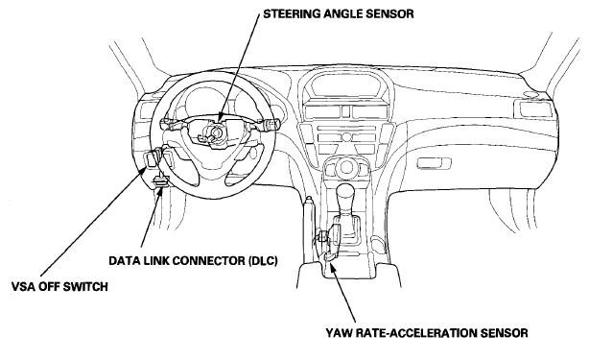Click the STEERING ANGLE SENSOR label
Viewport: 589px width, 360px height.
pos(338,14)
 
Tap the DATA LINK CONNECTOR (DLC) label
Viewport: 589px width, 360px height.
pos(193,261)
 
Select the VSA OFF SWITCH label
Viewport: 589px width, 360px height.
pos(59,287)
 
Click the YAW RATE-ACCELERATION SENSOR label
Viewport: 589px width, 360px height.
pos(426,333)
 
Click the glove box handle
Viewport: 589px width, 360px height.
pos(435,163)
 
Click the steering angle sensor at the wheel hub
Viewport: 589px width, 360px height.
pos(215,132)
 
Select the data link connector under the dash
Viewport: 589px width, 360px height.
pos(160,181)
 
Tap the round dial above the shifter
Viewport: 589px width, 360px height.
pos(345,165)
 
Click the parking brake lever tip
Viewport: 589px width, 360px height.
pos(308,199)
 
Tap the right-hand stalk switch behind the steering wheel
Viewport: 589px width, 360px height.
pos(268,123)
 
